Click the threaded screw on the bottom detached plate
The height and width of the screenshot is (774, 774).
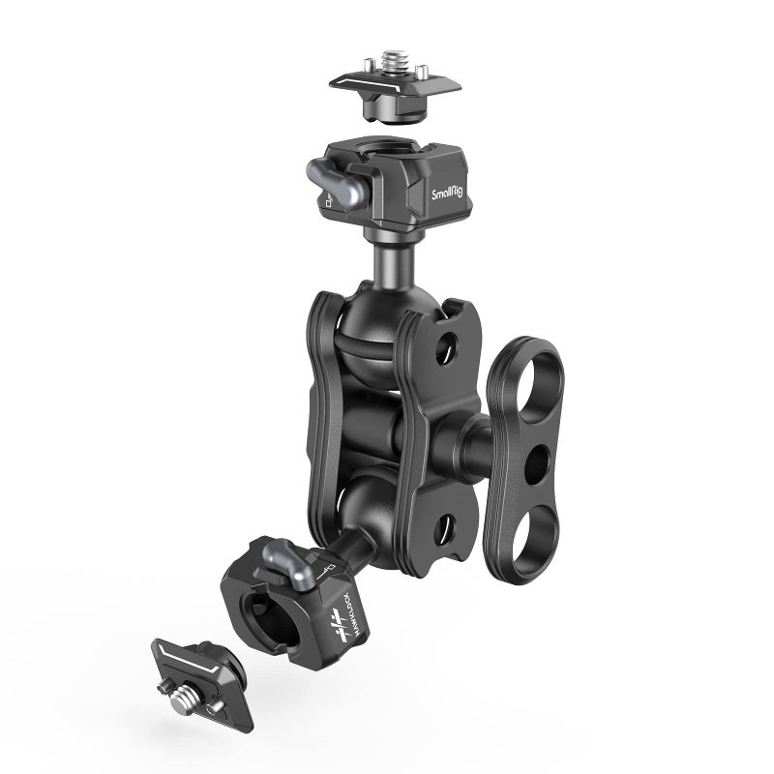pos(175,692)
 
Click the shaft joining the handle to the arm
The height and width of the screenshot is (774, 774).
pos(474,443)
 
